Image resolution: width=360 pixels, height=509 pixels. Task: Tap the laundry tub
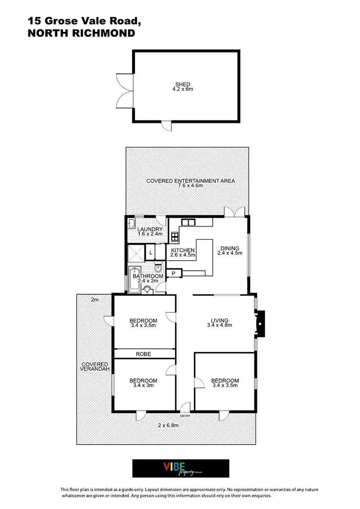click(x=132, y=224)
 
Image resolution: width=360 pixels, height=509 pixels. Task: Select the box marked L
click(x=150, y=252)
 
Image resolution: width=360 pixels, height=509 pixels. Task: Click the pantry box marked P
click(x=173, y=274)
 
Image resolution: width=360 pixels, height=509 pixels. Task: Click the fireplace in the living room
click(x=260, y=325)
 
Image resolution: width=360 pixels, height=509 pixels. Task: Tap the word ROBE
click(x=143, y=354)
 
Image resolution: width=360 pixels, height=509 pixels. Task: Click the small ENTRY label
click(x=185, y=416)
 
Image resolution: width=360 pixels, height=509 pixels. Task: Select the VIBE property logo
click(x=180, y=468)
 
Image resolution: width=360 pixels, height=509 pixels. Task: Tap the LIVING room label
click(x=219, y=320)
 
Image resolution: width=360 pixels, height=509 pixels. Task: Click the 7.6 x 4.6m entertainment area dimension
click(x=191, y=186)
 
